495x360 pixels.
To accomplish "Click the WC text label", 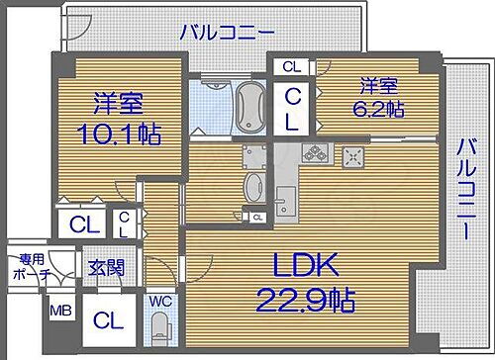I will pos(159,295).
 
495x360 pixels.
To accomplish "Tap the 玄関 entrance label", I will pos(104,266).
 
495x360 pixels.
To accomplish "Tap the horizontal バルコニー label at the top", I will pos(227,33).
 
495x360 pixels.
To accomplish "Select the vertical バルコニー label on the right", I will pos(462,189).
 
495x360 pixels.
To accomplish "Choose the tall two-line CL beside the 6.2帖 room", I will pos(294,109).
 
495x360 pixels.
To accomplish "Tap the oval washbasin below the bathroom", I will pos(252,185).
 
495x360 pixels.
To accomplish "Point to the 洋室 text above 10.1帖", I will pos(117,102).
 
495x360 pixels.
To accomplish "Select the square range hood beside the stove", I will pos(352,156).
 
